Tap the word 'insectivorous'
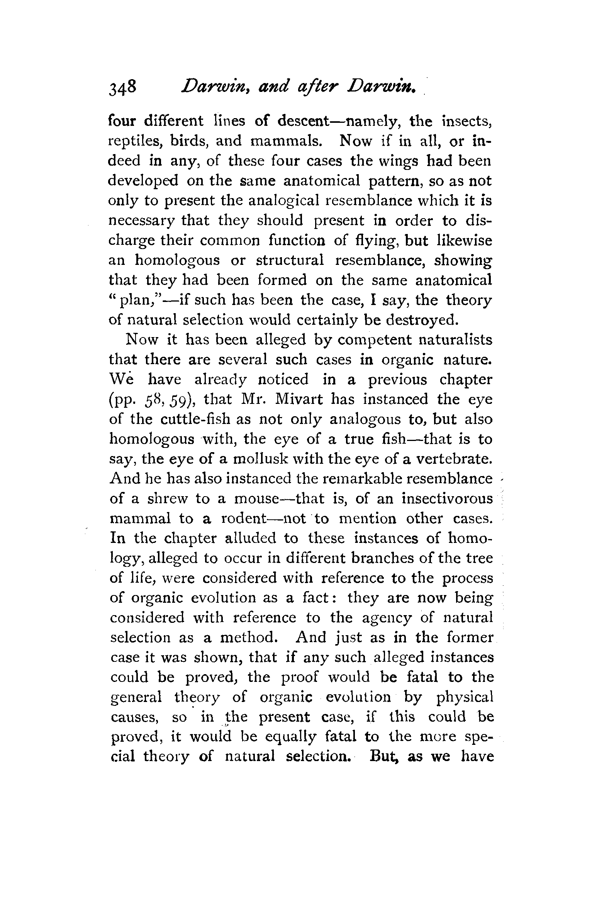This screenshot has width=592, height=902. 447,499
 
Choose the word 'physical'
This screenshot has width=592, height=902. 465,698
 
